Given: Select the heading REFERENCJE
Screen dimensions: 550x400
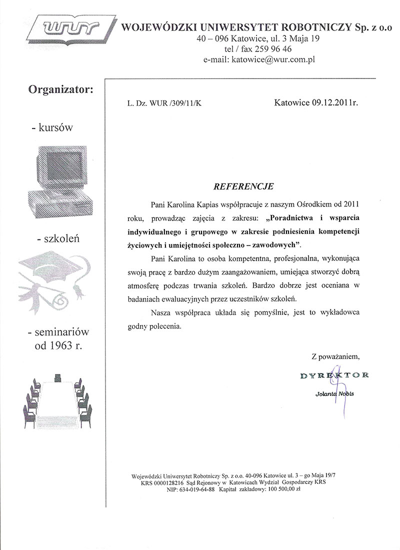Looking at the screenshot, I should [243, 186].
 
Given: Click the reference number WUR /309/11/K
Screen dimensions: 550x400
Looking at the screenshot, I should [179, 103].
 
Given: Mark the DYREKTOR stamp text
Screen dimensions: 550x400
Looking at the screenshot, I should [334, 375].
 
